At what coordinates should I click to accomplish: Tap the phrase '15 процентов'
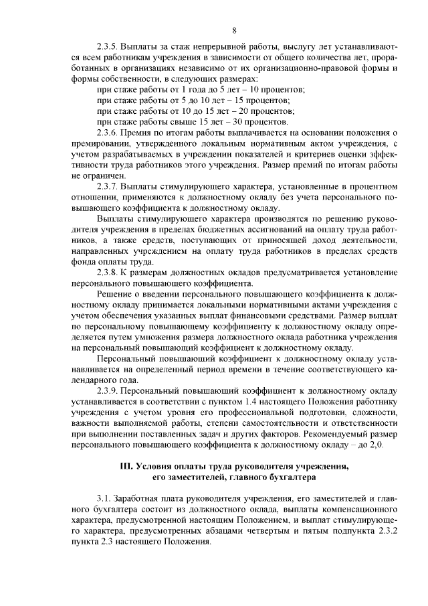pyautogui.click(x=281, y=100)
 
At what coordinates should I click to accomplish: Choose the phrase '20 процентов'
pyautogui.click(x=286, y=111)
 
